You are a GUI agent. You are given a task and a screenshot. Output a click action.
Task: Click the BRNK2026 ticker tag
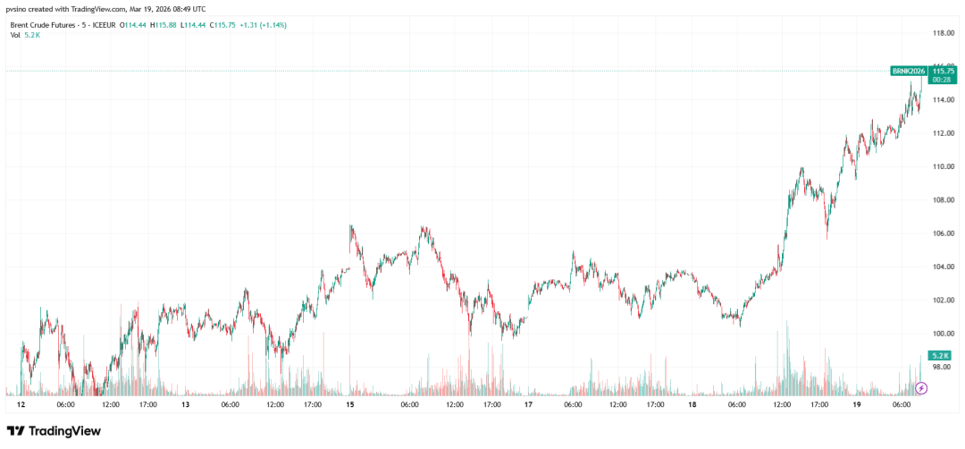(x=909, y=71)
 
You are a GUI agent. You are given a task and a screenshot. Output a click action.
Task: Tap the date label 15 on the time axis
(x=350, y=404)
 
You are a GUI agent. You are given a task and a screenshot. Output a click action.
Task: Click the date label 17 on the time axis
(x=528, y=404)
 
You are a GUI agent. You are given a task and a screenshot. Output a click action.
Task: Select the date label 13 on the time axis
(x=185, y=404)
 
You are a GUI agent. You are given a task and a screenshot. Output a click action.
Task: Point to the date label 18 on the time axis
(x=692, y=404)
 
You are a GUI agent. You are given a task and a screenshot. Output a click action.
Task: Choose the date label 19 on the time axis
(x=857, y=404)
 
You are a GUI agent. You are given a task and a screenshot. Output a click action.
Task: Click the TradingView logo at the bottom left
(x=54, y=431)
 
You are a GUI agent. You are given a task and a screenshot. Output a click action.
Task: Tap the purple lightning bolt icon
(x=923, y=388)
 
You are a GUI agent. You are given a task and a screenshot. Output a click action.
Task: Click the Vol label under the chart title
(x=16, y=36)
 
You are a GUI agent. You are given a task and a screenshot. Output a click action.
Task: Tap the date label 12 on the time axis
(x=20, y=404)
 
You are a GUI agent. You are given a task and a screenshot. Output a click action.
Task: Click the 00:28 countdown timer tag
(x=941, y=80)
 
